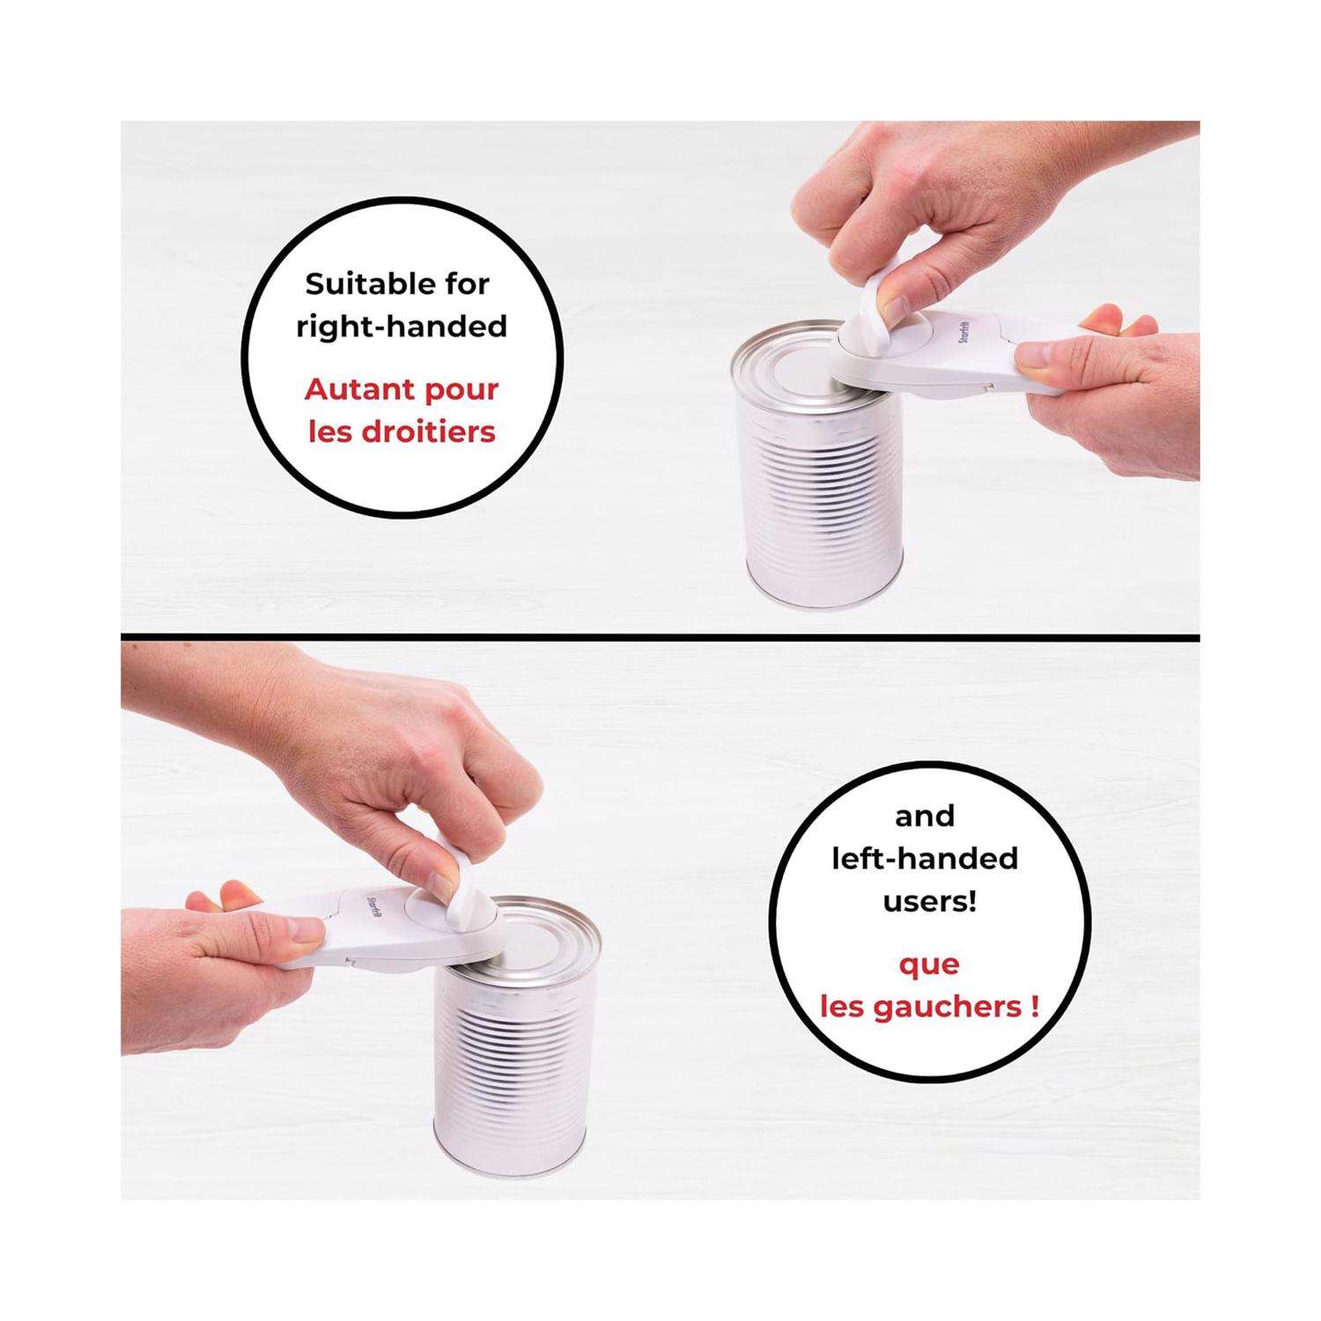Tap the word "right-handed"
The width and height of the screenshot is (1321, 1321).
tap(402, 328)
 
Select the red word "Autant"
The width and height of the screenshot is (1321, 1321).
tap(358, 389)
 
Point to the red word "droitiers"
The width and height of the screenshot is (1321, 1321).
tap(430, 432)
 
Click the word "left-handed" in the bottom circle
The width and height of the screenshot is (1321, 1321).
tap(925, 858)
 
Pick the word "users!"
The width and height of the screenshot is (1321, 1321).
tap(926, 902)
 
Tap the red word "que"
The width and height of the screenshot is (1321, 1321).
tap(929, 965)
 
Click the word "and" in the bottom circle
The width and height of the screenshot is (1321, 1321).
tap(926, 815)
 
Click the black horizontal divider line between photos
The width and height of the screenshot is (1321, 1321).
tap(660, 636)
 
